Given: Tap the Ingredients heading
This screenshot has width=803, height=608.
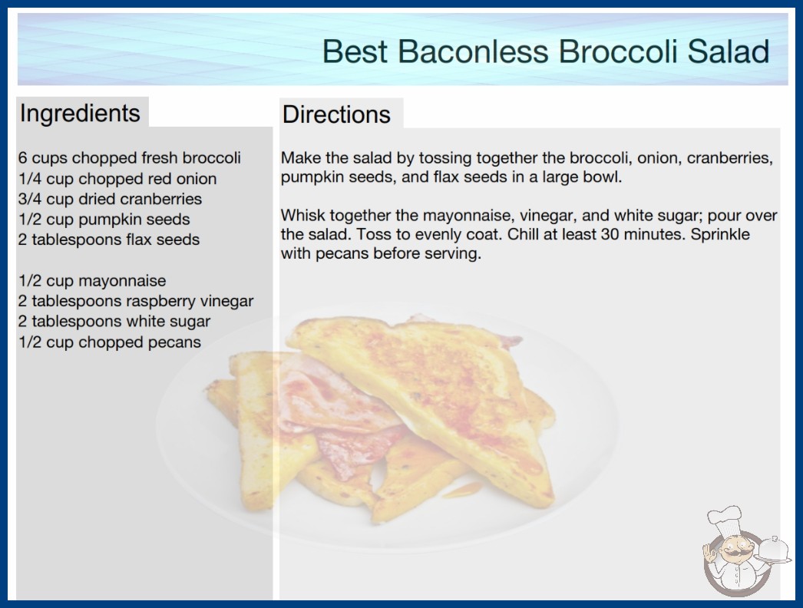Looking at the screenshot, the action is click(80, 114).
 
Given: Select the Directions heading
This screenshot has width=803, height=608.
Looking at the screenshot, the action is click(336, 114).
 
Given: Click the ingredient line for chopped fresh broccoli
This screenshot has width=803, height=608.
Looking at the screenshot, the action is click(130, 158).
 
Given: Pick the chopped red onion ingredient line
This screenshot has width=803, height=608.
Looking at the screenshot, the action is click(117, 179).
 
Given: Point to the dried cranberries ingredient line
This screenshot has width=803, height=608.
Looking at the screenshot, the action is click(110, 199).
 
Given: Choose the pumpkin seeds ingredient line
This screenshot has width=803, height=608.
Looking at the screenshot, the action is click(104, 220).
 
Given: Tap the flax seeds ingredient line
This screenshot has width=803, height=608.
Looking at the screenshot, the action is click(109, 240).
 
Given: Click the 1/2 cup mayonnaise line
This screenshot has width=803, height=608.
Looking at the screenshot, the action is click(92, 281).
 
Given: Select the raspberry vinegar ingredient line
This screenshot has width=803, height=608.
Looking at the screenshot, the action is click(136, 301).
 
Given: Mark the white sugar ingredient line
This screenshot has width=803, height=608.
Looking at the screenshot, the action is click(114, 322).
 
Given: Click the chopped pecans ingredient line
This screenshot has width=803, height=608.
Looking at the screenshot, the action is click(110, 342).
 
